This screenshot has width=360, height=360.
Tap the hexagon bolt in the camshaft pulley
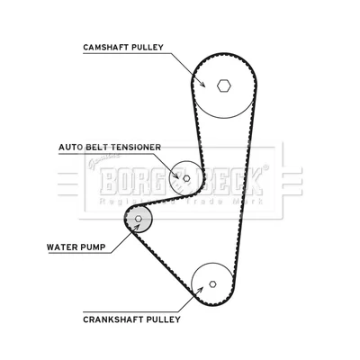[224, 86]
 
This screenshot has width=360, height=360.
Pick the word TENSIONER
[136, 148]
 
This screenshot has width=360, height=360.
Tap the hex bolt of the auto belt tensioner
[186, 178]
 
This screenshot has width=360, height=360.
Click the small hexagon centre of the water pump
[139, 219]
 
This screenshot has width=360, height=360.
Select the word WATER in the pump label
[61, 247]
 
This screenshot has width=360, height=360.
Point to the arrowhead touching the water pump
[137, 227]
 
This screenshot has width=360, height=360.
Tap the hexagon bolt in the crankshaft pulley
[212, 283]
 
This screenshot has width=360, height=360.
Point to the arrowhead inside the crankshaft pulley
[200, 290]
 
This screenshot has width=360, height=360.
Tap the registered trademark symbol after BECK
[265, 167]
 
